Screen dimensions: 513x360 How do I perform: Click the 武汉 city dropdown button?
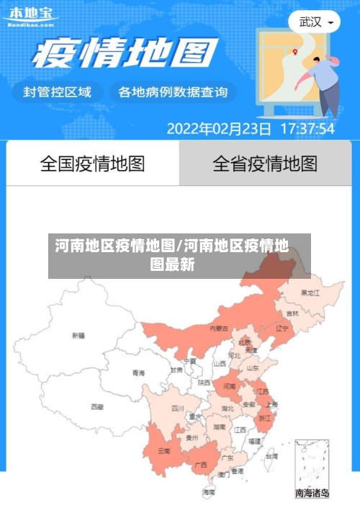coord(315,22)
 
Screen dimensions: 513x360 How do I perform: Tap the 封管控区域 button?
coord(58,92)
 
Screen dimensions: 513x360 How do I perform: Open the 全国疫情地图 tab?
coord(92,164)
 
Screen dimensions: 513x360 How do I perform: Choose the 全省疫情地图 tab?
coord(265,164)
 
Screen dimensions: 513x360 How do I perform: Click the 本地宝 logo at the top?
coord(31,16)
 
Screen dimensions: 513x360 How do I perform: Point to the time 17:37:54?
coord(307,129)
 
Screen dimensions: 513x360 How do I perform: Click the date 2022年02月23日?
coord(219,129)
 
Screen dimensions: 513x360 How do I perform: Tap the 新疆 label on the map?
coord(78,335)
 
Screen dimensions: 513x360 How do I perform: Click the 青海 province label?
coord(138,373)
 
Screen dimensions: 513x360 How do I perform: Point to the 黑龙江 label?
coord(311,293)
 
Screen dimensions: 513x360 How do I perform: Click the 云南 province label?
coord(164,451)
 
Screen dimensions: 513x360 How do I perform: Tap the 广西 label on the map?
coord(202,465)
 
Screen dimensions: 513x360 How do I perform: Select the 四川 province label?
coord(178,408)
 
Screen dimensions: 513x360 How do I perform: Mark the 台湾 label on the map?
coord(271,456)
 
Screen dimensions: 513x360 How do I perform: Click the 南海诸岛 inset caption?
coord(312,494)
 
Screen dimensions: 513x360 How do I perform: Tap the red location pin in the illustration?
coord(295,51)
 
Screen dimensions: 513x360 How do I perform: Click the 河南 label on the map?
coord(230,386)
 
